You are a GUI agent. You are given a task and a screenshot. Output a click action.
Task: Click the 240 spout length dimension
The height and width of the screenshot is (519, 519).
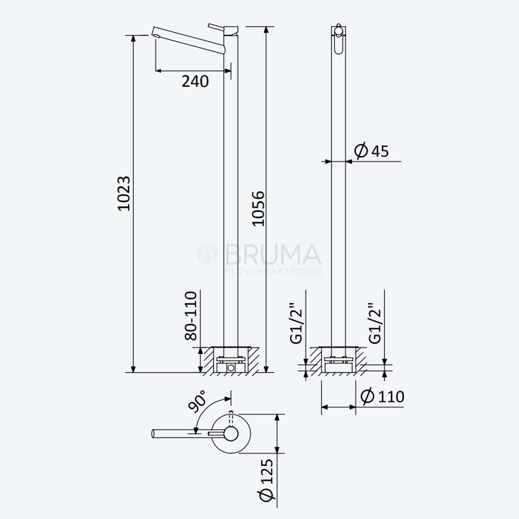click(x=195, y=81)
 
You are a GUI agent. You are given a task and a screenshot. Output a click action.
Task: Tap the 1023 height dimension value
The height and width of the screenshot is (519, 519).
click(x=125, y=193)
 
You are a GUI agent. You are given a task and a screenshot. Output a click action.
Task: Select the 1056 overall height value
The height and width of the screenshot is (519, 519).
click(x=258, y=209)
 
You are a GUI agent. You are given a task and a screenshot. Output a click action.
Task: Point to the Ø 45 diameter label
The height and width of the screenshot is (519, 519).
click(x=372, y=151)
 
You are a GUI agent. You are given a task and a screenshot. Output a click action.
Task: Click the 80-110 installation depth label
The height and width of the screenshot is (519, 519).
click(x=191, y=316)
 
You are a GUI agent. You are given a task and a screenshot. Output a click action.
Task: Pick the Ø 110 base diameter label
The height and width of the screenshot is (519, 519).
click(x=383, y=396)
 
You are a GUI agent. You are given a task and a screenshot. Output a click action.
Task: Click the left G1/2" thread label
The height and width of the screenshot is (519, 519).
click(x=296, y=323)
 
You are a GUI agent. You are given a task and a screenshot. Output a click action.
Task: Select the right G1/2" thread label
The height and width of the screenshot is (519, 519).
click(x=375, y=323)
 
